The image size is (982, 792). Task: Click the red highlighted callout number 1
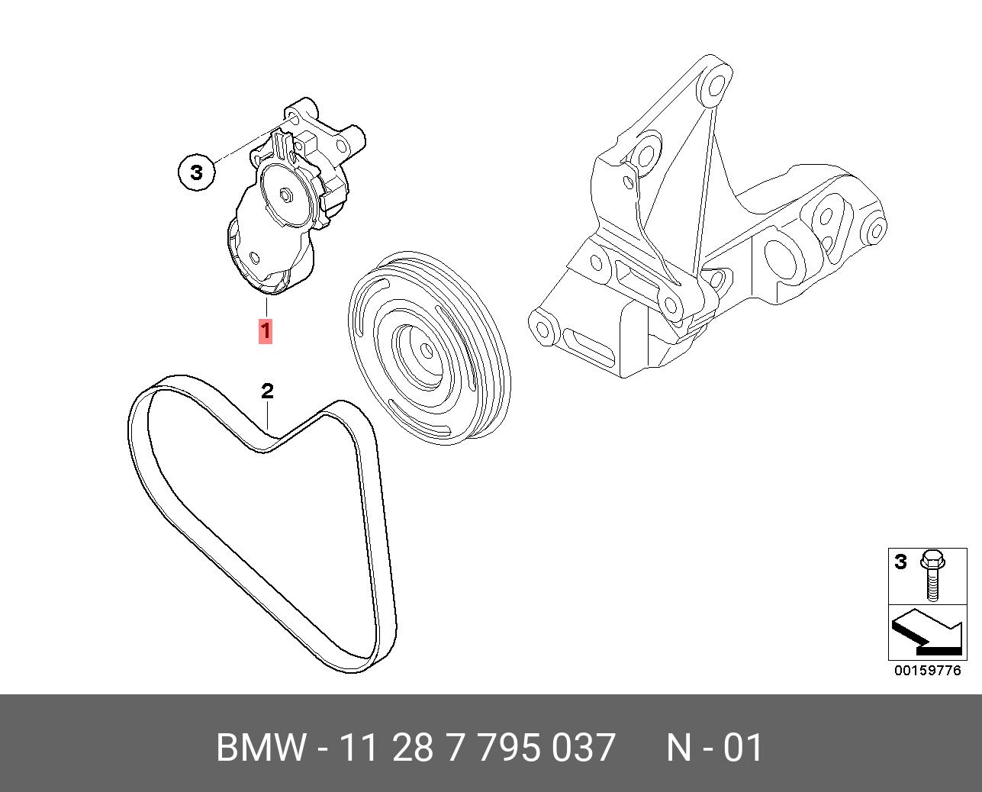pos(266,332)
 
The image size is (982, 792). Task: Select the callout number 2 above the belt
pos(267,391)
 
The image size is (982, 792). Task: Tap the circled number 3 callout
pos(197,172)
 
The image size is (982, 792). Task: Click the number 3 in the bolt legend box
pos(900,562)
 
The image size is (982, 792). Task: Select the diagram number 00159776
pos(928,671)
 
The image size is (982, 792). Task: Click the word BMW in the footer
pos(261,748)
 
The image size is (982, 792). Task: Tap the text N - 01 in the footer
pos(714,748)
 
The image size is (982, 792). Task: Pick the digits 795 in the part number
pos(511,748)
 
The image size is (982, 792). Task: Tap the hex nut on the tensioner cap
pos(287,195)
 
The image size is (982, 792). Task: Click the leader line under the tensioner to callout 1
pos(266,307)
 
